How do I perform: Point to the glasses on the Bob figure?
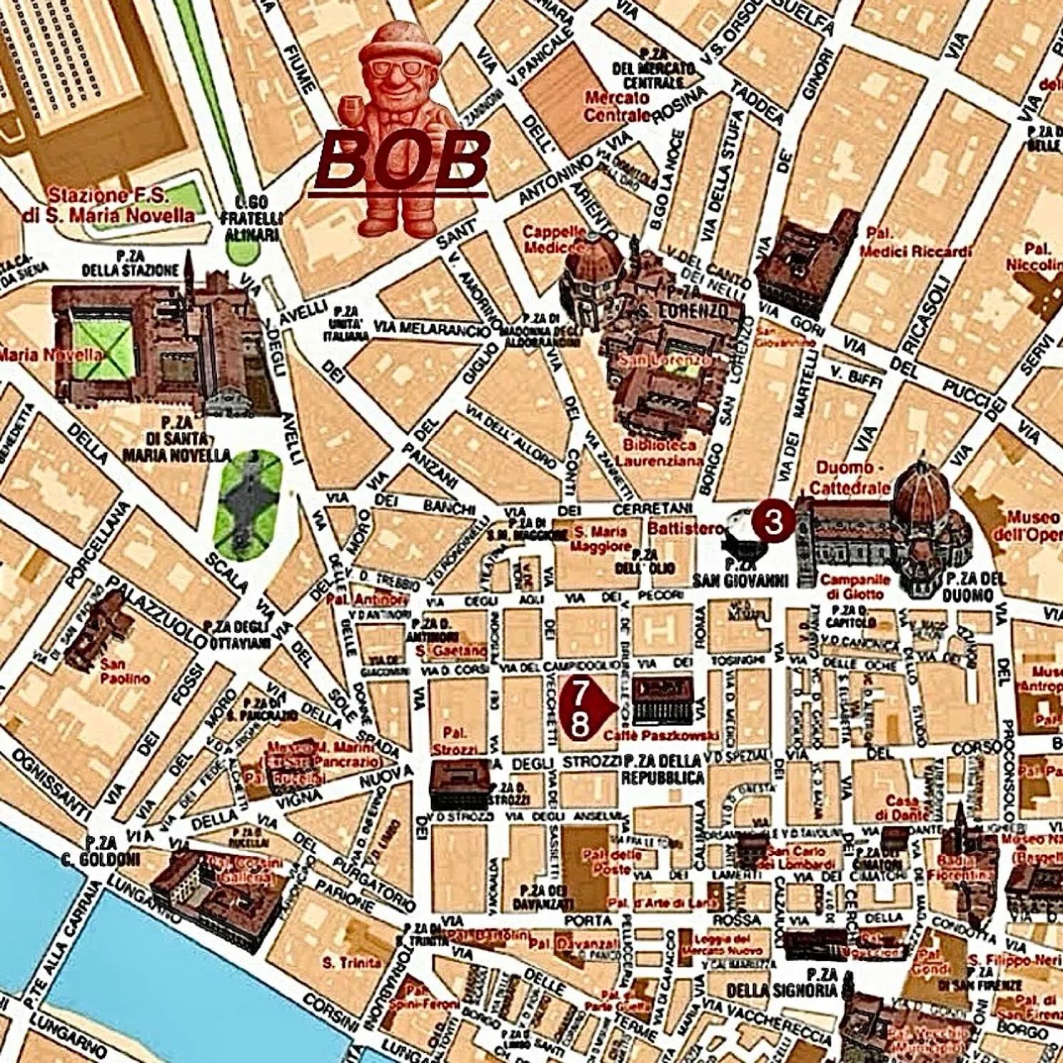[x=397, y=69]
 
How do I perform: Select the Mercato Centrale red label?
[x=617, y=107]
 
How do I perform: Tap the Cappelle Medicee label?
[x=554, y=240]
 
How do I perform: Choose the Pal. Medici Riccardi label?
[x=915, y=243]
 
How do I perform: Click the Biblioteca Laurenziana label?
[x=659, y=453]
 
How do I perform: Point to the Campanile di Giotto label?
[x=855, y=586]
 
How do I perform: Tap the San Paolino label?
[x=125, y=671]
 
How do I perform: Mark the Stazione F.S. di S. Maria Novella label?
[x=108, y=205]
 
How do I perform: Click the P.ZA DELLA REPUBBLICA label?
[x=663, y=769]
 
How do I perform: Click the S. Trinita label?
[x=352, y=963]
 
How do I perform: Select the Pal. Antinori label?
[x=368, y=599]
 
